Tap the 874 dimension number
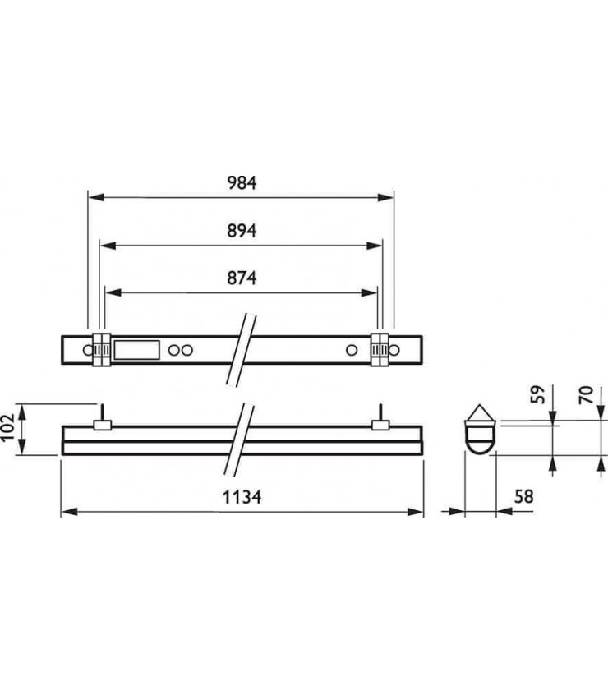pos(242,278)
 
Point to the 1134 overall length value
pos(242,496)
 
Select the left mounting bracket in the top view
pos(100,351)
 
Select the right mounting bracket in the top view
pos(380,351)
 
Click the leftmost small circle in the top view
pos(86,351)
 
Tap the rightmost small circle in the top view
pos(395,351)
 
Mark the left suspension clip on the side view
pos(103,421)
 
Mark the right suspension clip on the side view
pos(380,421)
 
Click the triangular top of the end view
pos(481,412)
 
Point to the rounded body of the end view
pos(481,437)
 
